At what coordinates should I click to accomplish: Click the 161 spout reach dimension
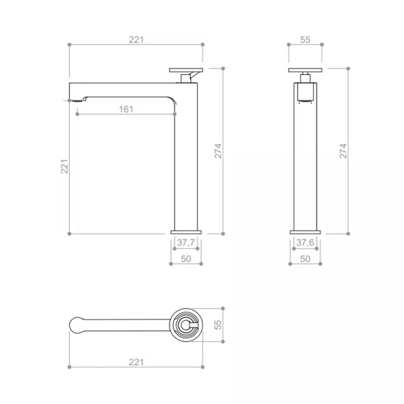126,109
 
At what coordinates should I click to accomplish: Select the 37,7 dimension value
186,242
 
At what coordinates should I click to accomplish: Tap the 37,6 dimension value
305,242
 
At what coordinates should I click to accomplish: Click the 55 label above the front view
305,40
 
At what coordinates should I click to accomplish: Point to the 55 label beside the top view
218,325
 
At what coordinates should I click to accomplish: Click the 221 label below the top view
136,362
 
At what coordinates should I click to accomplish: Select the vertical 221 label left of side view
64,167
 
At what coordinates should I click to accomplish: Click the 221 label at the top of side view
136,40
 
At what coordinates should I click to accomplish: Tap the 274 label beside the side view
218,151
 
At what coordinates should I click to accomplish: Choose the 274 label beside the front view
343,151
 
